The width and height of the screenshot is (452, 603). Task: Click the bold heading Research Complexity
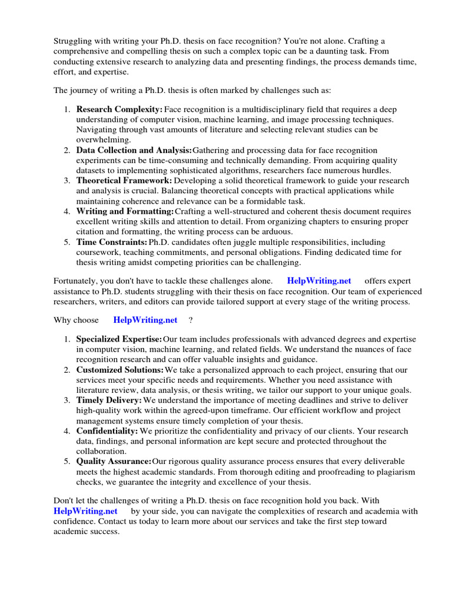pyautogui.click(x=119, y=110)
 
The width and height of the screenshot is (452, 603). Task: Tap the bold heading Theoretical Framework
pyautogui.click(x=124, y=181)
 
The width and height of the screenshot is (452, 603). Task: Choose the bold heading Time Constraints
pyautogui.click(x=112, y=242)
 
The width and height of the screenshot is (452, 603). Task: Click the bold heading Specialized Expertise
pyautogui.click(x=119, y=339)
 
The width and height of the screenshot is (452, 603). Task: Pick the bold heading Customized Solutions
pyautogui.click(x=120, y=370)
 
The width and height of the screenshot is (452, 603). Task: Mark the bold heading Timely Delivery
pyautogui.click(x=109, y=400)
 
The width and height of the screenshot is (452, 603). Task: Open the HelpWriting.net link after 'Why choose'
pyautogui.click(x=145, y=320)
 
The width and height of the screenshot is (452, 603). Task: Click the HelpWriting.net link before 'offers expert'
pyautogui.click(x=319, y=281)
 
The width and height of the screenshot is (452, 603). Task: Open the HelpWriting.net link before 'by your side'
pyautogui.click(x=85, y=511)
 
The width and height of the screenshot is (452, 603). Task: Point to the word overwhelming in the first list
pyautogui.click(x=104, y=140)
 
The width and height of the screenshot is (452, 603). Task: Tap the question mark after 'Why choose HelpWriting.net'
pyautogui.click(x=190, y=320)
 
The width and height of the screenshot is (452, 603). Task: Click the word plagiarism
pyautogui.click(x=394, y=472)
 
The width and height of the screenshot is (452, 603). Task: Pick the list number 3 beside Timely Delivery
pyautogui.click(x=67, y=400)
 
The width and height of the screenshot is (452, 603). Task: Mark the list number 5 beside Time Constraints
pyautogui.click(x=67, y=242)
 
